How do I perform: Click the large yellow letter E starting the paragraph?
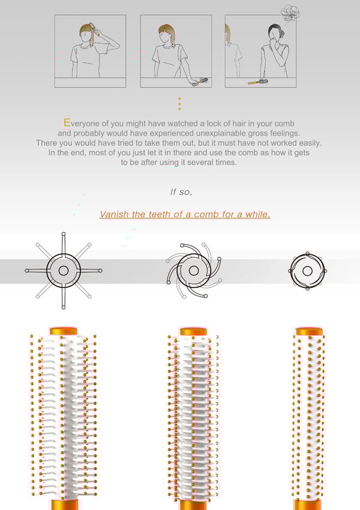67,122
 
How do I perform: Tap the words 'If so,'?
181,192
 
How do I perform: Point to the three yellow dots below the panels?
179,103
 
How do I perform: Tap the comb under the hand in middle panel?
202,81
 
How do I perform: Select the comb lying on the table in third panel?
258,82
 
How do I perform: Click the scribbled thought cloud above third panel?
290,13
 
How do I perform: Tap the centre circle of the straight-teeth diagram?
64,271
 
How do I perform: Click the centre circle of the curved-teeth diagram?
194,270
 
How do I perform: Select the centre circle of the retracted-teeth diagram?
307,271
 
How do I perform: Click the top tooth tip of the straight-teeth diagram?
64,234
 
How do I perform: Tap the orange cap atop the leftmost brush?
64,331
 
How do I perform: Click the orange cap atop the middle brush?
193,331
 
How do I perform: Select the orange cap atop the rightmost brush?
309,331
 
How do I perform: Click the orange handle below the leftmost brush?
65,504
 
